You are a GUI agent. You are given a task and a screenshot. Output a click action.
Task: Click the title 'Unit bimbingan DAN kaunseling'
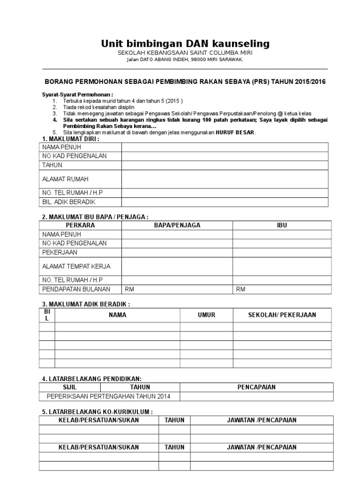[185, 44]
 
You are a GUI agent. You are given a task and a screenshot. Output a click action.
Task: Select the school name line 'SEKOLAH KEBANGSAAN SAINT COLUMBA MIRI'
[185, 53]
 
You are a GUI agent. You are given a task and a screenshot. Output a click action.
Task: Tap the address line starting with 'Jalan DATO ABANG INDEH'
[185, 60]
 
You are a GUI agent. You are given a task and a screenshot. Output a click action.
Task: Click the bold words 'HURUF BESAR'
[235, 133]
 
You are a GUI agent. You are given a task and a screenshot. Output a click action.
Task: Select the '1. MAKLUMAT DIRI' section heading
[71, 139]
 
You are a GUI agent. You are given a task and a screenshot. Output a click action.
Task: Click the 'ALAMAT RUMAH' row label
[65, 179]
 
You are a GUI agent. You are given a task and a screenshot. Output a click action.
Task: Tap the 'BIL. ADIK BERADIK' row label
[69, 202]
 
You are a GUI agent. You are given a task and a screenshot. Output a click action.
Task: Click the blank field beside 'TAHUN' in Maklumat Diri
[225, 165]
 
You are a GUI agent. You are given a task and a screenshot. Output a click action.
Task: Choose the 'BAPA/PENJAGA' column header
[177, 225]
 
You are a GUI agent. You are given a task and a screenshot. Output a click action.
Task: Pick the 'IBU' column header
[282, 225]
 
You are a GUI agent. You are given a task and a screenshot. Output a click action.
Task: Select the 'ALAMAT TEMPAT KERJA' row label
[76, 266]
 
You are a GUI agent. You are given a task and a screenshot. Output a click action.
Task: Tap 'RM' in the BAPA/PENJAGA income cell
[129, 289]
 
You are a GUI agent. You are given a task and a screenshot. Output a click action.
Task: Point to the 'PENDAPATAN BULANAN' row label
[76, 289]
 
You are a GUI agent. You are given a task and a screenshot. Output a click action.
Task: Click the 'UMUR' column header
[207, 315]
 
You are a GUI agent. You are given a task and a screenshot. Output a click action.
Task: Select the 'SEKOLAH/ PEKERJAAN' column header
[282, 315]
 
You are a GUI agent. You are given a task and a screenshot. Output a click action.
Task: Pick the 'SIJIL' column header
[69, 387]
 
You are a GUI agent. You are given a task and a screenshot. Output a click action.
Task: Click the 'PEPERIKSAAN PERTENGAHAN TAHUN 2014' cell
[109, 397]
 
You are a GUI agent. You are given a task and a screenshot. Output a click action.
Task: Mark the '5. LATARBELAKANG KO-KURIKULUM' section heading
[97, 412]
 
